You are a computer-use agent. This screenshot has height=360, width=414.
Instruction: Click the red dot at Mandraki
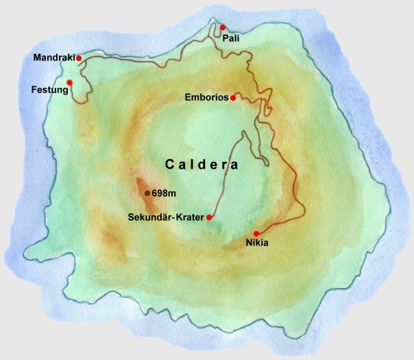click(80, 58)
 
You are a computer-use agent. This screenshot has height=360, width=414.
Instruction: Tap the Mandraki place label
click(53, 58)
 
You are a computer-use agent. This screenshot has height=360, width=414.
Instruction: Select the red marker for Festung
click(69, 83)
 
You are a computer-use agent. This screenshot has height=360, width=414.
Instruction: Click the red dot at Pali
click(223, 27)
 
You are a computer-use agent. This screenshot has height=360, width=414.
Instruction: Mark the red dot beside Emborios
click(233, 98)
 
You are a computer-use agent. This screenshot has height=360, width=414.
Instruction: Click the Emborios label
click(206, 98)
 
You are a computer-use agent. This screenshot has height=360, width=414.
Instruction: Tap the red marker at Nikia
click(256, 234)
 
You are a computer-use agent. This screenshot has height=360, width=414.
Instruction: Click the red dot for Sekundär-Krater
click(209, 217)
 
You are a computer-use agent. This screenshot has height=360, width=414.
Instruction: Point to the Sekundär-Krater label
click(167, 217)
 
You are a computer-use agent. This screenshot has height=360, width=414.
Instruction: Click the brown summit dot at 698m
click(147, 193)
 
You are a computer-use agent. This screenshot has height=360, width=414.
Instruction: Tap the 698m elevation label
click(163, 193)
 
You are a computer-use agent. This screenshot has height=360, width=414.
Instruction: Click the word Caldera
click(202, 165)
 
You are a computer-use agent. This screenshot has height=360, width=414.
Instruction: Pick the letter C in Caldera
click(169, 165)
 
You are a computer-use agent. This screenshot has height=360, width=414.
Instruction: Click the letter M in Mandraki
click(37, 58)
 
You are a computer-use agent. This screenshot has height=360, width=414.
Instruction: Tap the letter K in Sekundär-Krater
click(181, 217)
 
